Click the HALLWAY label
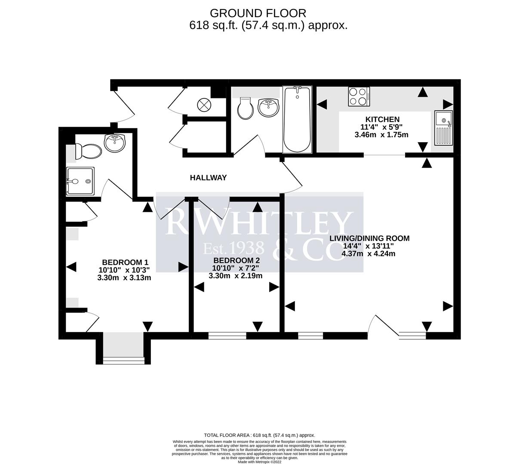click(209, 177)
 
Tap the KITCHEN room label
click(382, 119)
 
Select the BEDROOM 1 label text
click(125, 262)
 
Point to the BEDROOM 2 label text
click(236, 260)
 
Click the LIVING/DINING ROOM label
click(369, 238)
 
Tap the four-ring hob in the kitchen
click(358, 96)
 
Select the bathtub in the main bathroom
click(297, 119)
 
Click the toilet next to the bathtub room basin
click(246, 108)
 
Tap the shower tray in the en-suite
click(80, 181)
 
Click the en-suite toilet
click(88, 151)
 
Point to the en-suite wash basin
click(114, 143)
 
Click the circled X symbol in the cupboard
click(203, 104)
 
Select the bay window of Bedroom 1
click(124, 360)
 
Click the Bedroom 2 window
click(227, 336)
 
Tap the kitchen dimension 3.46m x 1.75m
click(381, 134)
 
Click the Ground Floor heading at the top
click(258, 13)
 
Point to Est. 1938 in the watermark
click(233, 248)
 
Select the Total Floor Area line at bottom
click(259, 435)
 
